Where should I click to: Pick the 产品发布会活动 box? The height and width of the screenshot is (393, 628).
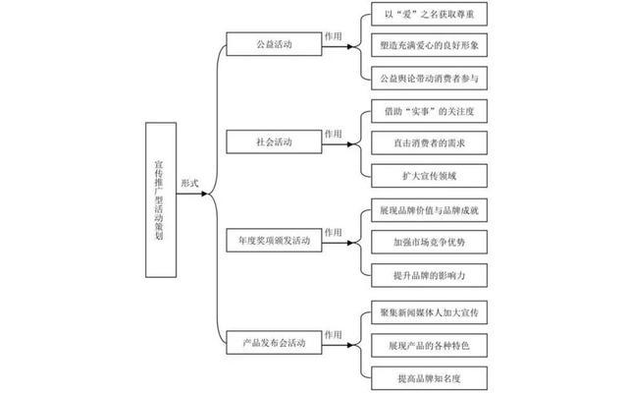click(274, 343)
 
